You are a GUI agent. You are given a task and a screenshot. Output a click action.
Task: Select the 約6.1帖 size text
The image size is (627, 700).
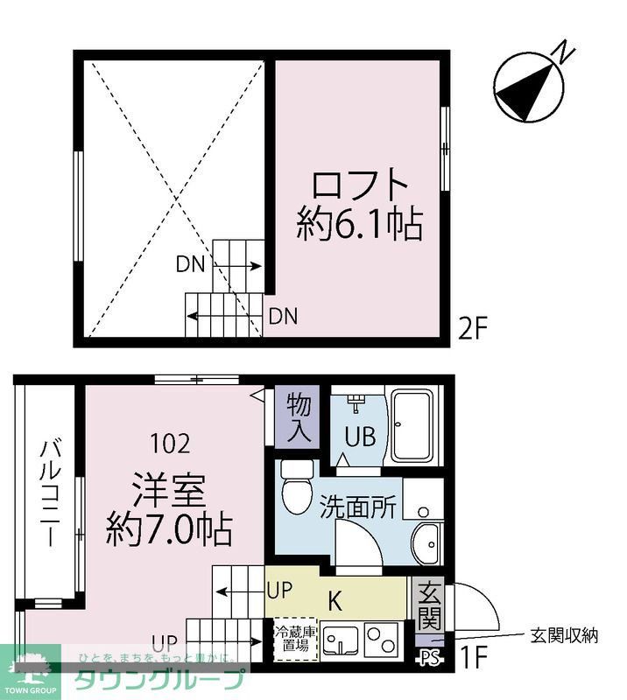[x=360, y=226]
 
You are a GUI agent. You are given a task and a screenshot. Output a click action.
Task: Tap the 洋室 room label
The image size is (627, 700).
[x=168, y=491]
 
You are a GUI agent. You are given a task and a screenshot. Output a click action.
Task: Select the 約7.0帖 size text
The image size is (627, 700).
[x=169, y=530]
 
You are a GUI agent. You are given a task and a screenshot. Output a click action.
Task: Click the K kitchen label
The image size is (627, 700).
[x=335, y=601]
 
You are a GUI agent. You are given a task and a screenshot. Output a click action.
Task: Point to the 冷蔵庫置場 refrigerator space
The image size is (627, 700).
[x=292, y=640]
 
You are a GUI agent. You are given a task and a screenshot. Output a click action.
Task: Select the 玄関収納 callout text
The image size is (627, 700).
[x=564, y=636]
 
